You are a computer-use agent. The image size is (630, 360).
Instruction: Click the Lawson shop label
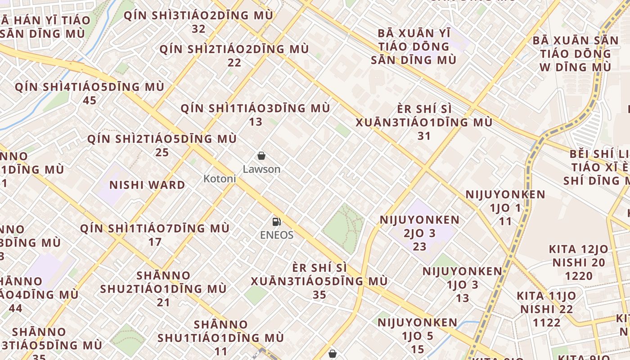261,169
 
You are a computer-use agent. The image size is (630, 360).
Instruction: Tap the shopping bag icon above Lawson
261,156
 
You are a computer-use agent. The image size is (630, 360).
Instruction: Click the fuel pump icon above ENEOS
276,221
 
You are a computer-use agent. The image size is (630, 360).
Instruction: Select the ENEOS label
276,235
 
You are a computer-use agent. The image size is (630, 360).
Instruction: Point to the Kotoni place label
220,179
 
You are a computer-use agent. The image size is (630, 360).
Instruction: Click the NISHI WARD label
147,185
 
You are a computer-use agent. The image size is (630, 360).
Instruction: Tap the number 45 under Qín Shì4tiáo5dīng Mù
90,100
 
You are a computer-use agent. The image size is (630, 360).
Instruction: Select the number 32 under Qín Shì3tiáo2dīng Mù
198,29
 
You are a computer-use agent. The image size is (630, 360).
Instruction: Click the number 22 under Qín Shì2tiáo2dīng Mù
234,63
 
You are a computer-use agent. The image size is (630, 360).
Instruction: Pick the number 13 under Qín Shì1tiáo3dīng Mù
255,122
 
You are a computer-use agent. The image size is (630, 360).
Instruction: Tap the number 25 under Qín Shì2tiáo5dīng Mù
162,153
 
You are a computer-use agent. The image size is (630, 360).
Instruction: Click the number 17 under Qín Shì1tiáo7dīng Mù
155,242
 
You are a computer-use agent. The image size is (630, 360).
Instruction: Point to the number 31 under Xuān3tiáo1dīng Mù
424,136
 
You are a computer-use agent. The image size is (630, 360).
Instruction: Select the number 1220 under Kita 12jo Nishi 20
578,276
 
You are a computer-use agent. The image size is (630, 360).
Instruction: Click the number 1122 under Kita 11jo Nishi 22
547,323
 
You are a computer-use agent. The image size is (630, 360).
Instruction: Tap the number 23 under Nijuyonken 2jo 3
419,247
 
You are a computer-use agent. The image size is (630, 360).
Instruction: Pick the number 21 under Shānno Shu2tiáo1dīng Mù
163,302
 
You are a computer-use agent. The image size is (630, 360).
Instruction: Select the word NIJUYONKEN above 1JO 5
417,323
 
